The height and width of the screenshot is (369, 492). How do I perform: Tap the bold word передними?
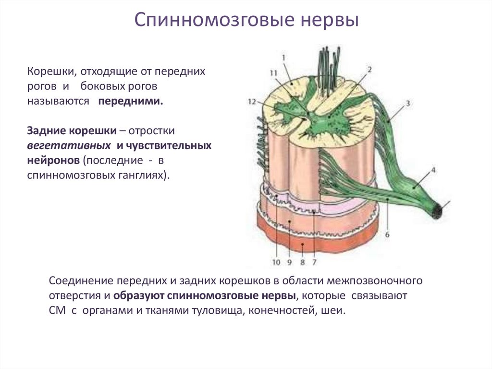click(131, 102)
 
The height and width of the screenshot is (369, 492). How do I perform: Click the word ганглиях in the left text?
click(141, 175)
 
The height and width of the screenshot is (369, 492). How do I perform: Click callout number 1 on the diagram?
click(284, 57)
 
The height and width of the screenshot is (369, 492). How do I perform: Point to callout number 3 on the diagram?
click(407, 103)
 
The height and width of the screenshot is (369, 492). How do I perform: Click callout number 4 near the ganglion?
click(433, 170)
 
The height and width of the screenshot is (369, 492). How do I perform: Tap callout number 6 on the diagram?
click(387, 235)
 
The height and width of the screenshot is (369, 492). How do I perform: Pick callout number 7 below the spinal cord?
click(314, 263)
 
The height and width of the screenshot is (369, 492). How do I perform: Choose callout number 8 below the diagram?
click(303, 263)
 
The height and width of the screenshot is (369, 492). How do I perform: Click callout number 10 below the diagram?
click(276, 263)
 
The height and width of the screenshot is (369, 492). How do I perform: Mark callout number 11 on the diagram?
click(274, 73)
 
